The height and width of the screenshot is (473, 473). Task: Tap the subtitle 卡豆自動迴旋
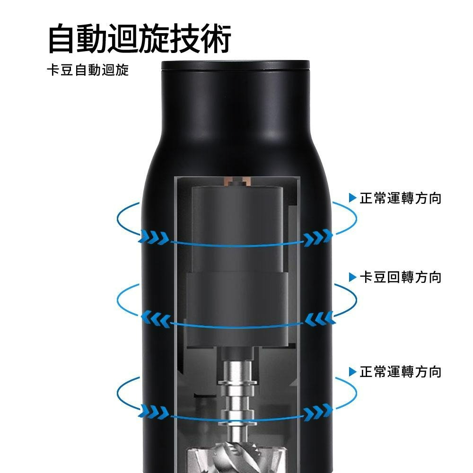88,71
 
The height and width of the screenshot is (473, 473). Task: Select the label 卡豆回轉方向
400,277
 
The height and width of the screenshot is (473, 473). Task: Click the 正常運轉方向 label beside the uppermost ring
400,198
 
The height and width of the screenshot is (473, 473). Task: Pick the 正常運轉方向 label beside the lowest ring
400,372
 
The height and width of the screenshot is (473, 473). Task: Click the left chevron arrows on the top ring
155,236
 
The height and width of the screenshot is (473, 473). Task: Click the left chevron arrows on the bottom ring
155,411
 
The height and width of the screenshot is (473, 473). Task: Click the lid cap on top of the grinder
235,65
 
